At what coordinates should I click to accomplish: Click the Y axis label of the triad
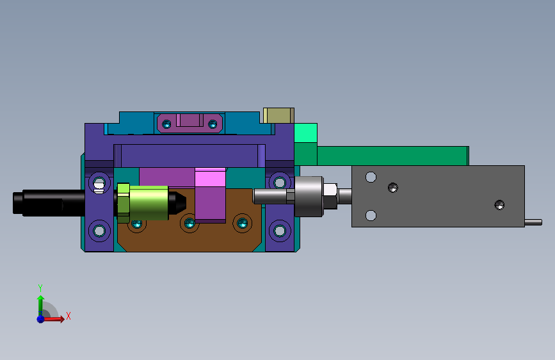[40, 288]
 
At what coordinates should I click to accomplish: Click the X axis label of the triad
[68, 316]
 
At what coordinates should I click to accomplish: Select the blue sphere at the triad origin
[41, 319]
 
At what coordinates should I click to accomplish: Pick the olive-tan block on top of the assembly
[278, 115]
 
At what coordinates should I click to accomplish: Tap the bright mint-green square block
[306, 133]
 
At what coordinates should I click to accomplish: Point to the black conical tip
[177, 202]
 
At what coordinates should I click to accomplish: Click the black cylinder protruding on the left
[49, 202]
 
